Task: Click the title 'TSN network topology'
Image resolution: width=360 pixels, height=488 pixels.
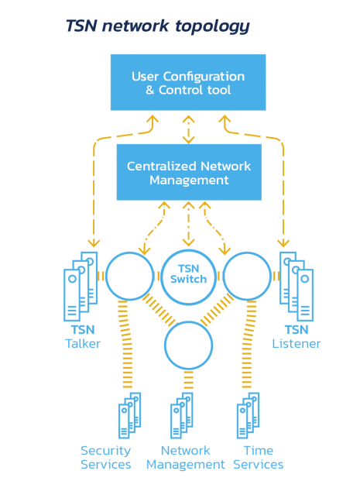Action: tap(158, 26)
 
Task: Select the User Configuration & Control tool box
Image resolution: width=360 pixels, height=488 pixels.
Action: tap(188, 82)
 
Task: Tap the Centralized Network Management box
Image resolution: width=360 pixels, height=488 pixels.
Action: tap(189, 172)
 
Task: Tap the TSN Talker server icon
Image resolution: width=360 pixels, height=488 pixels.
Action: tap(81, 287)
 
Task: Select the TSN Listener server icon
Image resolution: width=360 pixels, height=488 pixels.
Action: tap(297, 287)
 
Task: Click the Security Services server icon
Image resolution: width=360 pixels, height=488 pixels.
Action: tap(130, 415)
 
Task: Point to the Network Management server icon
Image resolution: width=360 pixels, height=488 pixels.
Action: tap(182, 415)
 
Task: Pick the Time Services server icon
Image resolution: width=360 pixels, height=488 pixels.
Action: tap(248, 415)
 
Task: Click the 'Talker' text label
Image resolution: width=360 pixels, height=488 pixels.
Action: tap(83, 344)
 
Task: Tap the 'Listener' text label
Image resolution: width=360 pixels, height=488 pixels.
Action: tap(297, 344)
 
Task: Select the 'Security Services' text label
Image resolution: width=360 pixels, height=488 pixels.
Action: tap(106, 458)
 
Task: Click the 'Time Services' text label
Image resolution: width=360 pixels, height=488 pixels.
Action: tap(259, 458)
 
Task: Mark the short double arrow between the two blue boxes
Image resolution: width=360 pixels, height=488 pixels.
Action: tap(189, 129)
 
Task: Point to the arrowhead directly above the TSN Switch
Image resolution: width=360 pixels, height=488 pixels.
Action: tap(189, 242)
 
